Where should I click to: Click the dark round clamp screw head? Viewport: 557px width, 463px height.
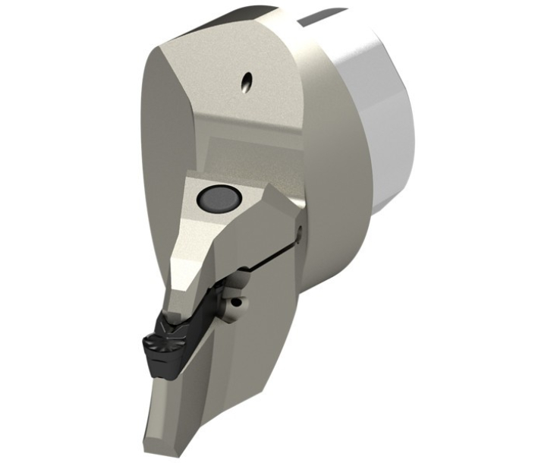219,199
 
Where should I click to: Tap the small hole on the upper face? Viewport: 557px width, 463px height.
246,82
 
